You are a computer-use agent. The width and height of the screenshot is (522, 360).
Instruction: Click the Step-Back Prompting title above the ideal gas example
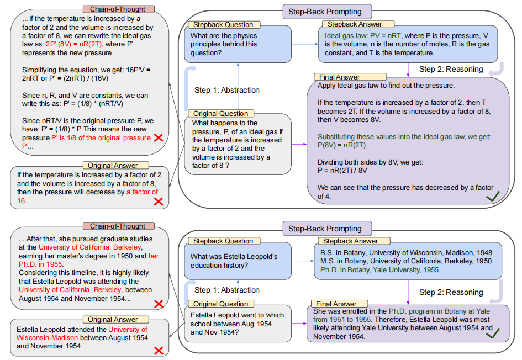coord(324,12)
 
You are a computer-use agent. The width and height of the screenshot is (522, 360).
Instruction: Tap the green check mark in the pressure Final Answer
coord(493,196)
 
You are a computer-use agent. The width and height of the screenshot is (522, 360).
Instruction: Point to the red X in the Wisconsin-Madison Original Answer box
coord(159,350)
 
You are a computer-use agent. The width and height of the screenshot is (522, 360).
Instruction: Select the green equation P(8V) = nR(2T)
coord(341,145)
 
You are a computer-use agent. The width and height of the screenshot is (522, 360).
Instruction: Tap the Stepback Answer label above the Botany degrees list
coord(350,241)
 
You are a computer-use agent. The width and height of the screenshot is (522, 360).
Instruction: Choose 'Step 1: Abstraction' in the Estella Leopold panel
coord(226,290)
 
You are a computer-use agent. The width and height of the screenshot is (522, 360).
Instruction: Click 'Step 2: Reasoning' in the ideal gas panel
coord(451,69)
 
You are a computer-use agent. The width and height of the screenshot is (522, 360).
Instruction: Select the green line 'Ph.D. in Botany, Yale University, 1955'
coord(379,270)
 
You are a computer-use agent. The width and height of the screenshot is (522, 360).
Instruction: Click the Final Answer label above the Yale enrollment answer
coord(336,304)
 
